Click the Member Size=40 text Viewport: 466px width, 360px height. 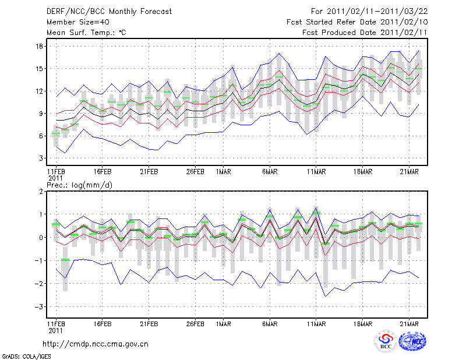tap(74, 22)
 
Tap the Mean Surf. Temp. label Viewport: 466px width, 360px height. tap(86, 33)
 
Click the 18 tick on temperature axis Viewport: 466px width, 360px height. tap(40, 46)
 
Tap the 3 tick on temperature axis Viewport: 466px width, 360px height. tap(41, 158)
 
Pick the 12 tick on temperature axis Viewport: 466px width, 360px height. tap(40, 91)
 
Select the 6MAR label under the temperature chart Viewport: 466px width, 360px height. tap(269, 172)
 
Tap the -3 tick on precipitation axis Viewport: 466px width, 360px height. tap(39, 306)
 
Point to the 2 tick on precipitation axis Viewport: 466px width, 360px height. tap(41, 191)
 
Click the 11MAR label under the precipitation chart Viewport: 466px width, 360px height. tap(316, 323)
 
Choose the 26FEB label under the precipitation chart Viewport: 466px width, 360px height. tap(195, 323)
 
